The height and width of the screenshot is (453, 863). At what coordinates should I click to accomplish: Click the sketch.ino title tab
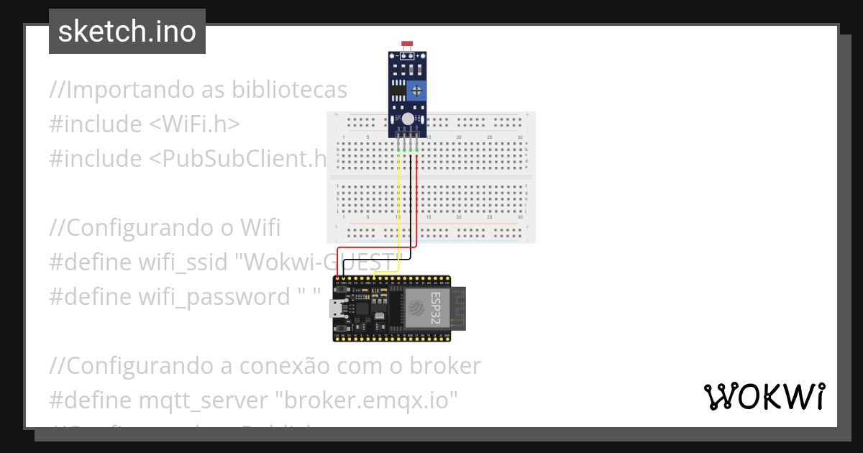(x=127, y=32)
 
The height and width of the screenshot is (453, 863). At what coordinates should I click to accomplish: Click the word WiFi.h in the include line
(x=195, y=124)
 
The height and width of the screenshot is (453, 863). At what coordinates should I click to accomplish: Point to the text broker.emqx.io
(x=370, y=400)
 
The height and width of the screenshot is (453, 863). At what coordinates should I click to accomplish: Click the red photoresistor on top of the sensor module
(x=407, y=45)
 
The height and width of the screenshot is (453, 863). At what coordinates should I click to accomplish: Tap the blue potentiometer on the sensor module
(x=416, y=91)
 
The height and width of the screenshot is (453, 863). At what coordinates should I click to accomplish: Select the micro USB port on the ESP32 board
(x=336, y=309)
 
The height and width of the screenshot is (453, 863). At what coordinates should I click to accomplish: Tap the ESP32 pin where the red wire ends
(x=337, y=278)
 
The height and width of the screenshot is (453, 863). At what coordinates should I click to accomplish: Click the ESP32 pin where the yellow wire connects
(x=375, y=278)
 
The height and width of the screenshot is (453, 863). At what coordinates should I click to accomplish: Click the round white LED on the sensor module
(x=408, y=119)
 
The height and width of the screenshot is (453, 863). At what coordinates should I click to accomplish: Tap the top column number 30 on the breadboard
(x=519, y=137)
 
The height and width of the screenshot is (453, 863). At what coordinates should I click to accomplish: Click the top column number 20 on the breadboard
(x=459, y=137)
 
